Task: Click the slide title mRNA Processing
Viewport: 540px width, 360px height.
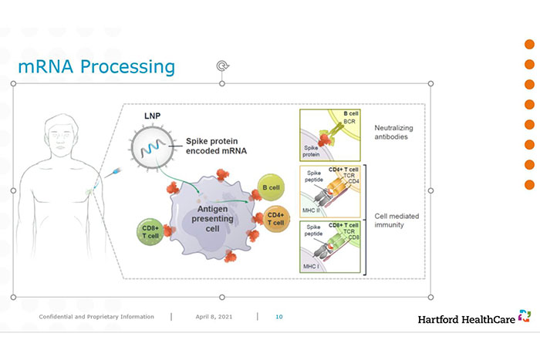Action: point(96,67)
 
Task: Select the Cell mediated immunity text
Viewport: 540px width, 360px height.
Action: point(396,220)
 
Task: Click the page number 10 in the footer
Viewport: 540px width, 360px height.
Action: point(279,317)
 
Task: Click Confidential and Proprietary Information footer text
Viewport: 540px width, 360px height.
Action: point(96,317)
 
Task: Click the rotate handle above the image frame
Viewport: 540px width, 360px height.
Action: point(222,66)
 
